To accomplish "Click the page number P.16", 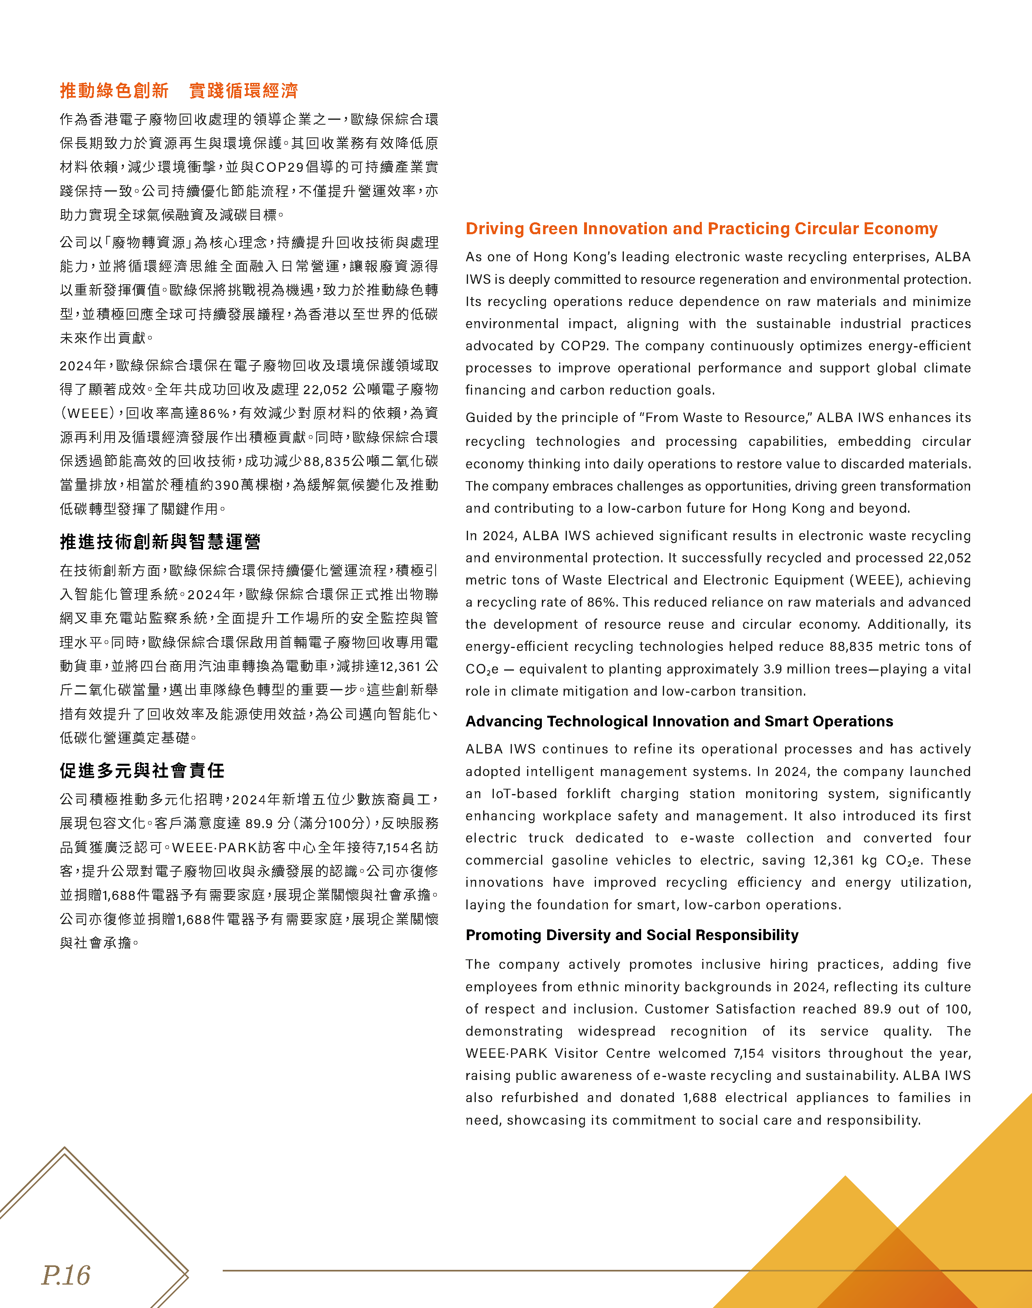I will click(x=65, y=1275).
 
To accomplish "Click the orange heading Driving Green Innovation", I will click(x=701, y=228).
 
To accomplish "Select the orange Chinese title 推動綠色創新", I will click(x=114, y=91).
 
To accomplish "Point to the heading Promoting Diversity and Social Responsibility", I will click(x=631, y=935).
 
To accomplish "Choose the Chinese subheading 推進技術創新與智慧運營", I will click(x=160, y=541).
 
